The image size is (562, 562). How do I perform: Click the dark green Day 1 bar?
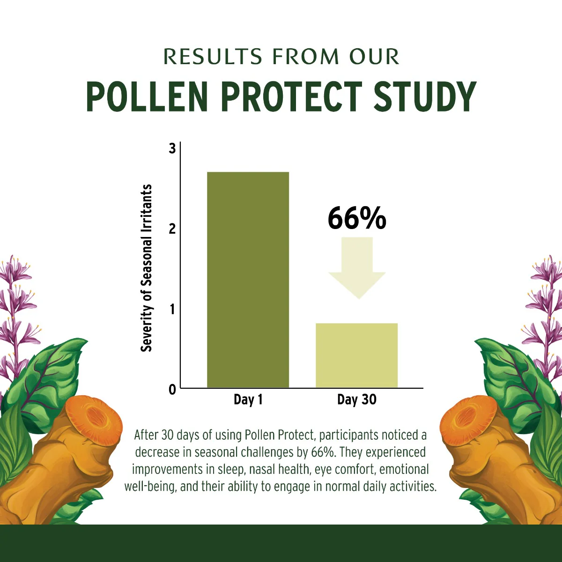[248, 280]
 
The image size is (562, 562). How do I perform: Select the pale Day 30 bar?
[356, 355]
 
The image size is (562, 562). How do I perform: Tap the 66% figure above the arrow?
[357, 218]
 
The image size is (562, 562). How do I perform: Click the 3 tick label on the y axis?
[172, 148]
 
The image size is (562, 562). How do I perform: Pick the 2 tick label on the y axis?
[172, 229]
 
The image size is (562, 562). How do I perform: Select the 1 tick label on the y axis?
[172, 309]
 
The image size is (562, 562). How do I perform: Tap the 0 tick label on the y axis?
[172, 389]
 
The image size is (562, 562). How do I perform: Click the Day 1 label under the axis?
[248, 399]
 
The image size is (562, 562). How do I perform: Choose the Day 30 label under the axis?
[356, 399]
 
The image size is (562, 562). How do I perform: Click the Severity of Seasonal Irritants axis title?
[147, 268]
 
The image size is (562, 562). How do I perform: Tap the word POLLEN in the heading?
[147, 97]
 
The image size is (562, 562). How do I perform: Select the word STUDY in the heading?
[425, 97]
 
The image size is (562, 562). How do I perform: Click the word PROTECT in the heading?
[291, 97]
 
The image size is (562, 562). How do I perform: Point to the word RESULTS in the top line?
[213, 57]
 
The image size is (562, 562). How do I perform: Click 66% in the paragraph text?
[323, 452]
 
